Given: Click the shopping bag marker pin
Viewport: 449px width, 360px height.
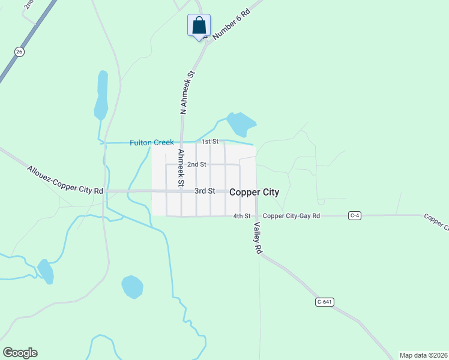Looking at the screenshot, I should (x=199, y=26).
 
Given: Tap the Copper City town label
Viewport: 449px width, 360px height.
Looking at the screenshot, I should (x=255, y=192).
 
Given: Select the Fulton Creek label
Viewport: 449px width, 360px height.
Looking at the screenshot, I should (x=152, y=143).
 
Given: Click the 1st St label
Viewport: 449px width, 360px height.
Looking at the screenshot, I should (x=209, y=142).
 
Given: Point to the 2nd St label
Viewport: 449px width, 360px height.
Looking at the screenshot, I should (x=197, y=164).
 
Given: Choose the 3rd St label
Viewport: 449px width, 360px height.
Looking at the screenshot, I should (x=205, y=191).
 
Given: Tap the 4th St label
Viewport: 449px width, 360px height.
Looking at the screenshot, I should (x=241, y=216).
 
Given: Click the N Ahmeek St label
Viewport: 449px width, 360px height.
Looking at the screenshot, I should (x=188, y=92).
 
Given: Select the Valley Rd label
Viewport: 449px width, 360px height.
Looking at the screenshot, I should (x=258, y=238).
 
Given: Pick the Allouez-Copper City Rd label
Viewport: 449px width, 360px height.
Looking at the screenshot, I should (x=65, y=179).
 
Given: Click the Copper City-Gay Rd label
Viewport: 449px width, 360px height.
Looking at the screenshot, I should (x=291, y=216).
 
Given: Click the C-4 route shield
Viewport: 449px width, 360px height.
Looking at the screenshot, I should (x=355, y=215).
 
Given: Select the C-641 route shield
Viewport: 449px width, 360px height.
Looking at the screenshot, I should (x=324, y=302).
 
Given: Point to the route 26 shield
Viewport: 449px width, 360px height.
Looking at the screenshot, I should (x=20, y=52).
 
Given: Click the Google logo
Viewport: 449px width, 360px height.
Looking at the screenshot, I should (x=20, y=353).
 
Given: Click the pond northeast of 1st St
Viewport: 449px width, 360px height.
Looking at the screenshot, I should (x=241, y=124).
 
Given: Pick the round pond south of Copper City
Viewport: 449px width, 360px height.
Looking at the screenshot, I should (x=132, y=287).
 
